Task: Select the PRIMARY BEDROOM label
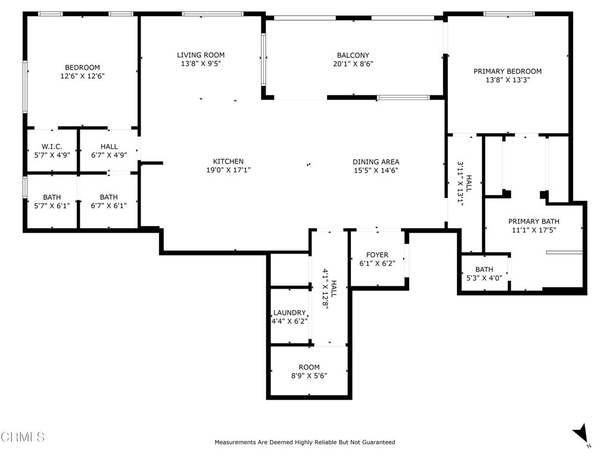click(508, 71)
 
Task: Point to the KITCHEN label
click(229, 161)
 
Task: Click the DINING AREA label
click(375, 161)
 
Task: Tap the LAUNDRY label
click(290, 312)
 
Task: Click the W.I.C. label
click(52, 146)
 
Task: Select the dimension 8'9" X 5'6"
click(309, 376)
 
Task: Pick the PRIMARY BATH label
click(533, 221)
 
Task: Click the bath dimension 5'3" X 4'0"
click(484, 277)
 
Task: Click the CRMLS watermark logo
click(23, 437)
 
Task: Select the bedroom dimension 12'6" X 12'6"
click(82, 76)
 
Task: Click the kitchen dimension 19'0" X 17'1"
click(229, 170)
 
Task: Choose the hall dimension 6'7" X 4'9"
click(109, 155)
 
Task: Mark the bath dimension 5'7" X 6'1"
click(52, 206)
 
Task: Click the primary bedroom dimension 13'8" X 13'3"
click(508, 80)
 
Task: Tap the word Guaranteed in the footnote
click(377, 442)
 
